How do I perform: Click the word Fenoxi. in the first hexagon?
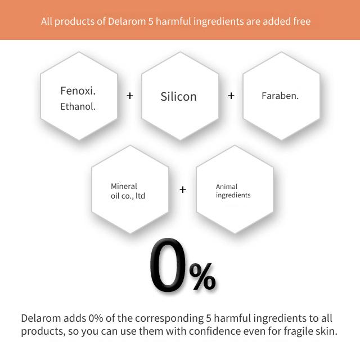point(78,91)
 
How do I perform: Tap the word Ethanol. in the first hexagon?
point(78,106)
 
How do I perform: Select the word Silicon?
point(179,96)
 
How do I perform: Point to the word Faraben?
point(280,96)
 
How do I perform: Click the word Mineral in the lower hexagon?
point(124,186)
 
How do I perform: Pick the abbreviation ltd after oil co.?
point(140,196)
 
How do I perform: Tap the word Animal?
point(227,187)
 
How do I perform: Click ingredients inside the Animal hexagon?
point(233,195)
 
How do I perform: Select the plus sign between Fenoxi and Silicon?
point(130,96)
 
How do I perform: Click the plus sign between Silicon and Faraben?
point(231,96)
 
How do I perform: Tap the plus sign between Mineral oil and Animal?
point(183,190)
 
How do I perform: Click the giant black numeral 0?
point(168,265)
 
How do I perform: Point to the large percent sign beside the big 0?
point(202,276)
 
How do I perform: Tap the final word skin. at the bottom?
point(324,331)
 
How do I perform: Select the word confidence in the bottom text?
point(215,331)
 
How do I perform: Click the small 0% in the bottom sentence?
point(96,318)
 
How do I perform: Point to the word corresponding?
point(169,318)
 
